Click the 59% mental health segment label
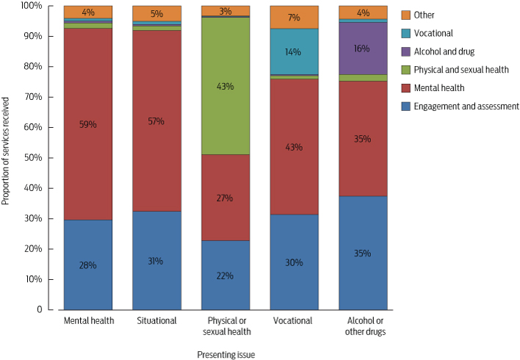click(87, 126)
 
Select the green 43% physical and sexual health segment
click(225, 86)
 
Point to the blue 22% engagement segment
click(225, 276)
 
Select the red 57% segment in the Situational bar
click(156, 121)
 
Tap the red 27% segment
click(225, 198)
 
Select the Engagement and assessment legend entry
click(466, 107)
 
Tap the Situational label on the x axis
click(156, 321)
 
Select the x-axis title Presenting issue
click(225, 354)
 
